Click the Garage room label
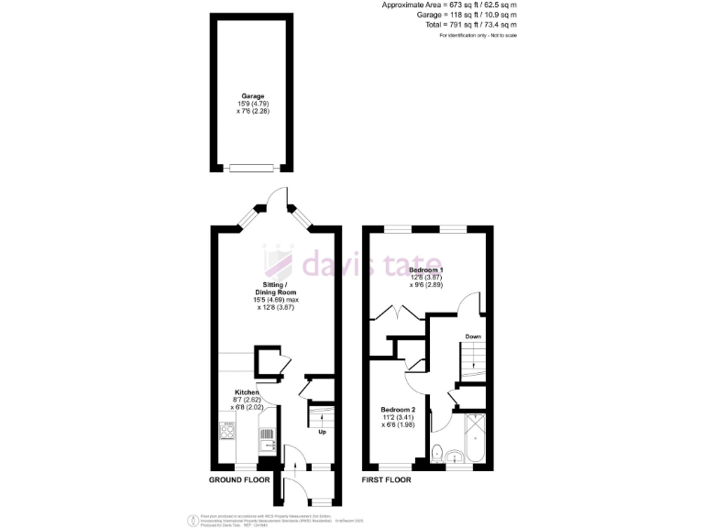tap(253, 95)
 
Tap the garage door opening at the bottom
tap(252, 167)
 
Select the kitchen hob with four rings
tap(227, 429)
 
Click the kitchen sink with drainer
tap(267, 440)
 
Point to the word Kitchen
tap(247, 392)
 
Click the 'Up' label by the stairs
tap(322, 432)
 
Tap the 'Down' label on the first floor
tap(473, 336)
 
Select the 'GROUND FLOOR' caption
tap(239, 479)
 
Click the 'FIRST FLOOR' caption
tap(386, 479)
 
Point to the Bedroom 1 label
tap(426, 270)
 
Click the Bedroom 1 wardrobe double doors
tap(400, 312)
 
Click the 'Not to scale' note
tap(500, 35)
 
